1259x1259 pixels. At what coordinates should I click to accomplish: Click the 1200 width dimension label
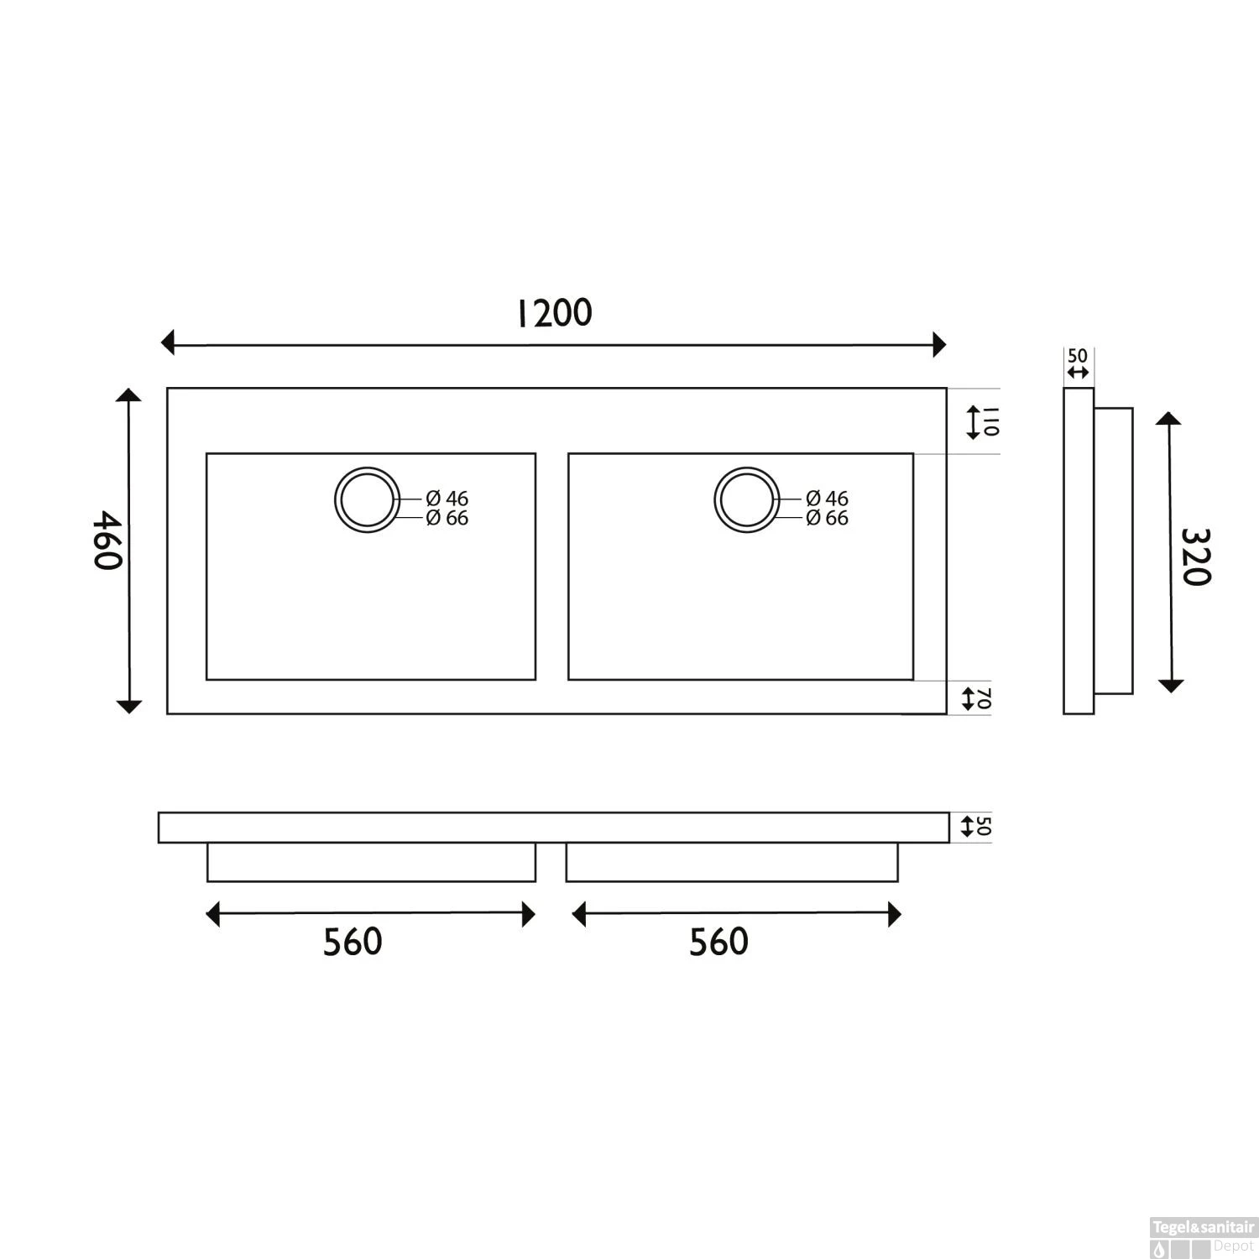coord(553,313)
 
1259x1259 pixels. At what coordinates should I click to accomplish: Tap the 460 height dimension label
coord(107,540)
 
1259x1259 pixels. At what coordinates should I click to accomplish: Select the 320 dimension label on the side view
coord(1195,556)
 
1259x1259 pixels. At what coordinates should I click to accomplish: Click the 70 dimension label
coord(984,697)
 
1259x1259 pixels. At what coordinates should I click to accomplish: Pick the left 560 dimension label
coord(353,942)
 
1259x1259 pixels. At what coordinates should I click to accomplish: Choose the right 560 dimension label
coord(718,942)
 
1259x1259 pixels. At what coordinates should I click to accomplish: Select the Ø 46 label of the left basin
coord(447,499)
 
